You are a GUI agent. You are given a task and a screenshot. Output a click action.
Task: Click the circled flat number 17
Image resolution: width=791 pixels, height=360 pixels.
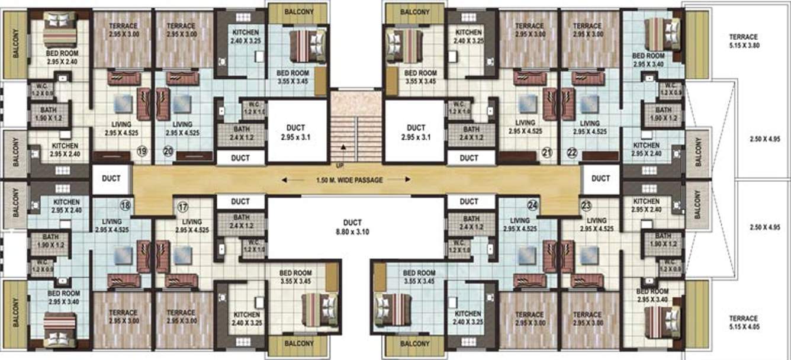183,208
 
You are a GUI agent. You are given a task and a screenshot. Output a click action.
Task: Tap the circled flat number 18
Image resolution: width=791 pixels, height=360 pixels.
126,205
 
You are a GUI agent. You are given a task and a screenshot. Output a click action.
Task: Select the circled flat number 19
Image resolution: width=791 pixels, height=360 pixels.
142,152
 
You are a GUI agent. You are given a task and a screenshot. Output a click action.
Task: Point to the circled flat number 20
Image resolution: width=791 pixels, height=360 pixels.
168,152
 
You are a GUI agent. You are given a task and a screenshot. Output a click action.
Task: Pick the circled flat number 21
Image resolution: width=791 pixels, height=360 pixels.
546,153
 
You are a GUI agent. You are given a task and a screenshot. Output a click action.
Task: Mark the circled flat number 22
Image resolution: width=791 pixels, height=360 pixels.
572,153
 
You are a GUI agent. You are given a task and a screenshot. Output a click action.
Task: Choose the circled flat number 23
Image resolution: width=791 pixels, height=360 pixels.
587,207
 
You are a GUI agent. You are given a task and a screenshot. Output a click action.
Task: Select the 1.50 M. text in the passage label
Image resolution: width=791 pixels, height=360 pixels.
327,179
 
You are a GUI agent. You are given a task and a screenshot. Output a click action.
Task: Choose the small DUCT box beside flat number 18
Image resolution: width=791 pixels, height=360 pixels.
111,178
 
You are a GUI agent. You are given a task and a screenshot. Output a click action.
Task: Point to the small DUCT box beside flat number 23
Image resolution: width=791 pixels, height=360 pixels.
600,178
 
